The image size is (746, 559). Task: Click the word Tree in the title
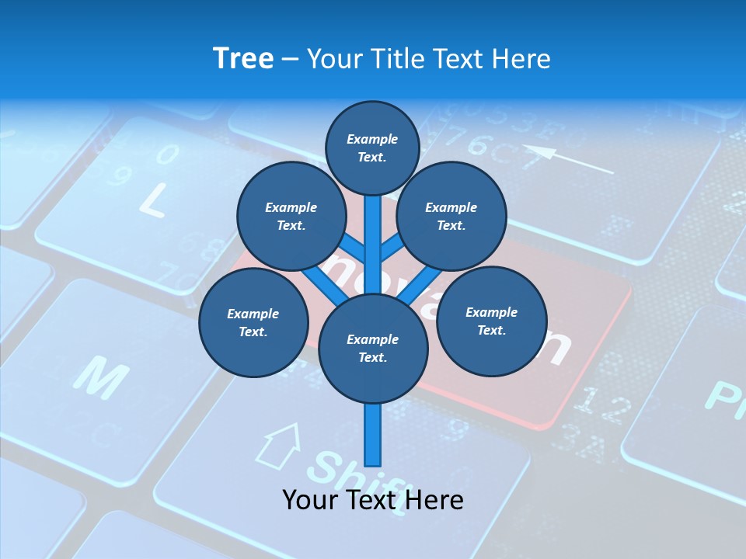[x=243, y=59]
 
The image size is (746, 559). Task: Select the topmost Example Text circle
[x=372, y=148]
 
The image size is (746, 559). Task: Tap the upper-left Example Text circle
[x=291, y=216]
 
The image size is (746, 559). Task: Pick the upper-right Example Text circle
[x=451, y=216]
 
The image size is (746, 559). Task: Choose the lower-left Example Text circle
[x=253, y=322]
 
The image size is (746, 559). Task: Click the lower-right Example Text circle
[x=491, y=321]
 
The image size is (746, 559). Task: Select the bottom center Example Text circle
[x=372, y=348]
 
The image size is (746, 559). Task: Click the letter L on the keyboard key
[x=152, y=200]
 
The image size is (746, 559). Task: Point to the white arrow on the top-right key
[x=567, y=158]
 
